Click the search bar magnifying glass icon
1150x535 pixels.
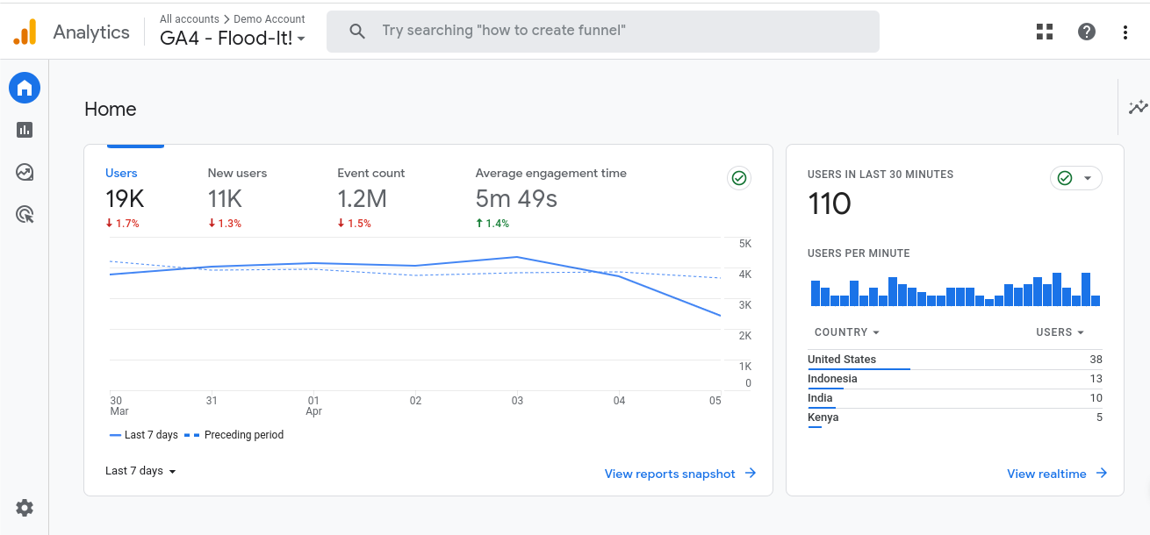pos(357,32)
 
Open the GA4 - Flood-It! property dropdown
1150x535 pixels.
pos(233,39)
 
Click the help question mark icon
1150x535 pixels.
pos(1087,32)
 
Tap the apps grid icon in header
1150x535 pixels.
pos(1045,32)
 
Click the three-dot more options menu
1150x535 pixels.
pos(1125,32)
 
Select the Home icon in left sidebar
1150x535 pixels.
pos(25,88)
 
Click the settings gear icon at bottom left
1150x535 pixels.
pos(25,508)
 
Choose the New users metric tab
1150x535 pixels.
pos(237,174)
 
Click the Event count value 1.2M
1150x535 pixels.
pos(362,199)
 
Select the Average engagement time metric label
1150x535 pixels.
pos(550,174)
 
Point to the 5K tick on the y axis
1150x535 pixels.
pos(744,244)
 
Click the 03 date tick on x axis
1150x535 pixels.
pos(517,401)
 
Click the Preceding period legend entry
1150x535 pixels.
pos(243,435)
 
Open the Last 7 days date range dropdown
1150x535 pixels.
pos(140,471)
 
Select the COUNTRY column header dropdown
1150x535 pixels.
pos(846,332)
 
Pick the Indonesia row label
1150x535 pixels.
pos(832,379)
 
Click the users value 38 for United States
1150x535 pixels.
pos(1096,360)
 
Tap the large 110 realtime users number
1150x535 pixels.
pos(830,204)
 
